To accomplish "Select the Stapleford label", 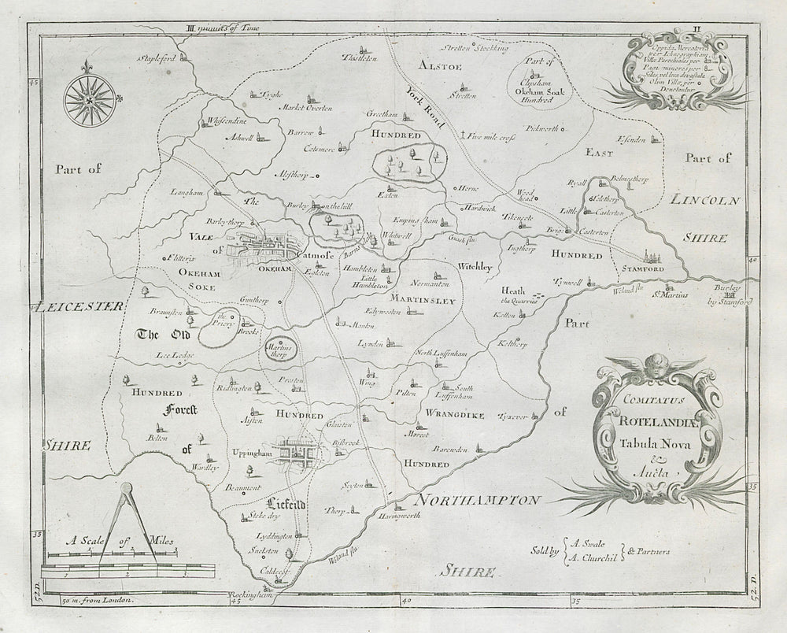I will point(157,58).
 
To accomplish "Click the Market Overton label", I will point(308,107).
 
